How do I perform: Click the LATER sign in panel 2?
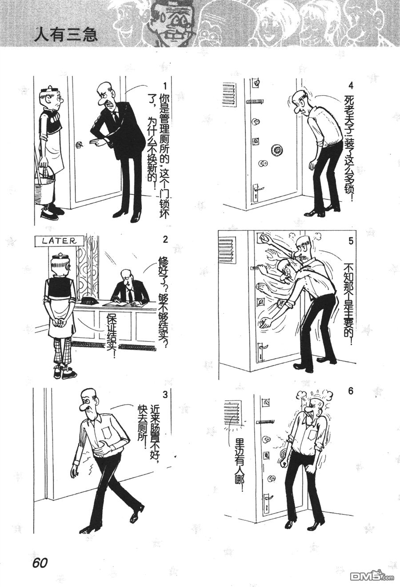59,241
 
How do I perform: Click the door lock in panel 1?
79,144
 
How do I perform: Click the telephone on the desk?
88,302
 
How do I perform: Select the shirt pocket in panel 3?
107,432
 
